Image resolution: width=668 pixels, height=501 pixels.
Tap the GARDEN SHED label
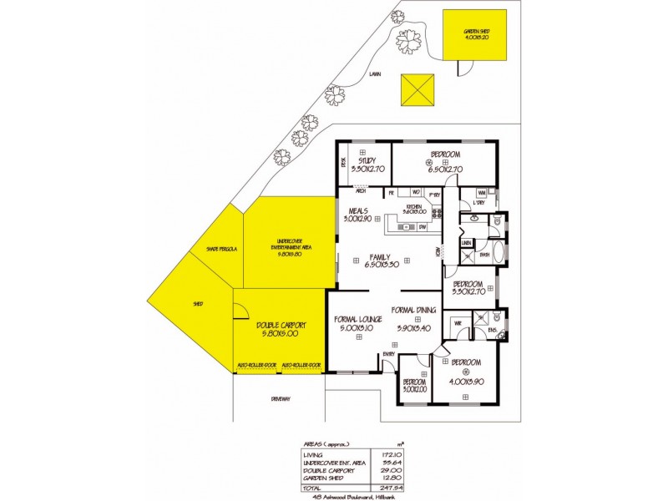(476, 33)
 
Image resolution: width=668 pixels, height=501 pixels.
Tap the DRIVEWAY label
(281, 398)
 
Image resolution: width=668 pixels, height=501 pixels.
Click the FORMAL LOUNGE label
(358, 319)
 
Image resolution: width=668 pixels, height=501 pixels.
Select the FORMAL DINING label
(413, 311)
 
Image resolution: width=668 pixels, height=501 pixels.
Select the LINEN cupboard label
(467, 243)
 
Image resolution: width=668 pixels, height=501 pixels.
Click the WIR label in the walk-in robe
(458, 321)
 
